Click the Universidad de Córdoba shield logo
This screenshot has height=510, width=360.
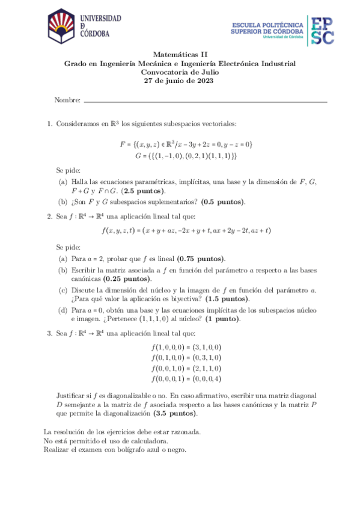pyautogui.click(x=61, y=28)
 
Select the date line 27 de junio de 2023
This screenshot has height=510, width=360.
pyautogui.click(x=180, y=82)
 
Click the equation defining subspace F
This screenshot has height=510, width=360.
pyautogui.click(x=186, y=144)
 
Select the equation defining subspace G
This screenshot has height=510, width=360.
pyautogui.click(x=186, y=156)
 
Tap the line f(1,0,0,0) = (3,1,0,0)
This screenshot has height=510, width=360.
pyautogui.click(x=186, y=347)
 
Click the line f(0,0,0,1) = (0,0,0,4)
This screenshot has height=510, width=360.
pyautogui.click(x=186, y=378)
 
